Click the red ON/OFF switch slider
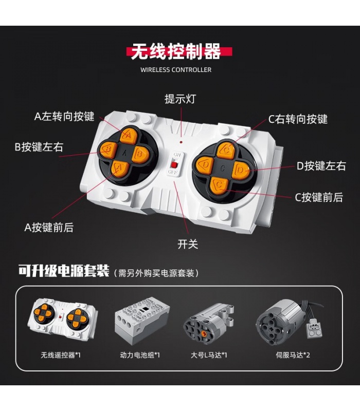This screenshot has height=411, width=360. (x=174, y=164)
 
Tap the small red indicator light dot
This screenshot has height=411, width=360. (x=181, y=142)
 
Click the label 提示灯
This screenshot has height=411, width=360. (x=181, y=99)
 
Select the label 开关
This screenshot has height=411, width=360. (x=188, y=244)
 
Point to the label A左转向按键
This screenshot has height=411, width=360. (x=64, y=117)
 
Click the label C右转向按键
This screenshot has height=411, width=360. (x=298, y=119)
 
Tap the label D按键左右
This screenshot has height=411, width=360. (x=321, y=166)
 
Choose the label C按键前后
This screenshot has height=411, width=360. (x=319, y=197)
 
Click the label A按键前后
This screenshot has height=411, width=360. (x=49, y=227)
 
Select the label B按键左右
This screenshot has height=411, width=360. (x=39, y=147)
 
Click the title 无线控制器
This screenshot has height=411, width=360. (x=176, y=51)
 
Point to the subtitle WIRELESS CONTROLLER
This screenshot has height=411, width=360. (x=176, y=70)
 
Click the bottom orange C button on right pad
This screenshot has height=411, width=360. (x=220, y=185)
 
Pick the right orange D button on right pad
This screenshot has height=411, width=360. (x=241, y=171)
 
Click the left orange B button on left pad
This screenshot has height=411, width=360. (x=108, y=150)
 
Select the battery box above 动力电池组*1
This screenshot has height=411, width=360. (x=142, y=320)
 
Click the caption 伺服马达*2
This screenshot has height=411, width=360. (x=293, y=355)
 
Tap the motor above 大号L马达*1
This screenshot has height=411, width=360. (x=209, y=323)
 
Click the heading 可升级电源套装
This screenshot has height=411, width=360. (x=64, y=271)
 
